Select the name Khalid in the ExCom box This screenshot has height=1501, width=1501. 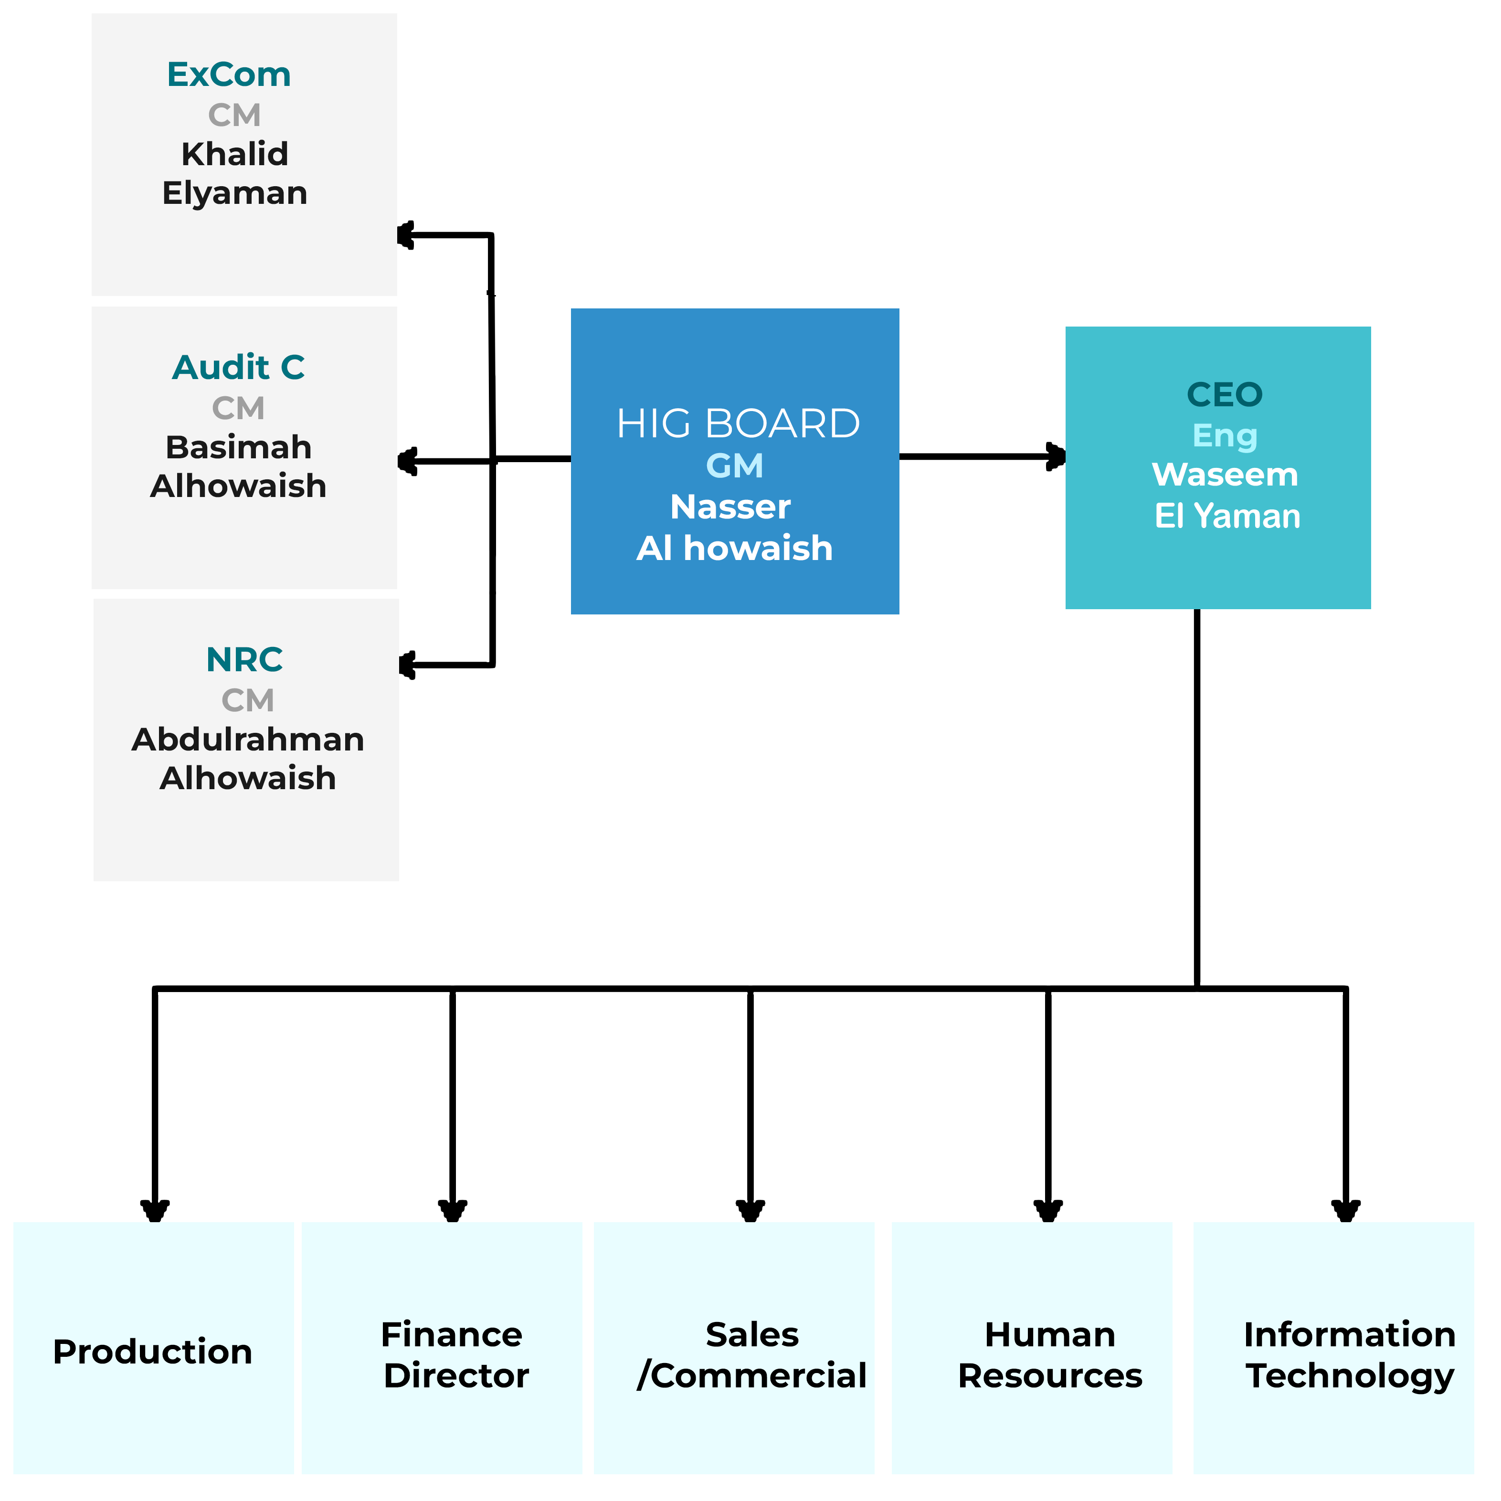click(x=234, y=154)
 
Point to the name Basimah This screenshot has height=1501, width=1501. click(x=239, y=447)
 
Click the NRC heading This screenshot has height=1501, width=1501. click(x=245, y=660)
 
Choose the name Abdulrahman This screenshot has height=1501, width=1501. click(x=248, y=740)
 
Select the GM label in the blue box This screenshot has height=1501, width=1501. click(x=734, y=466)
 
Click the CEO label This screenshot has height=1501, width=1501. click(x=1225, y=395)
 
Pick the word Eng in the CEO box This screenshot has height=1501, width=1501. click(x=1225, y=436)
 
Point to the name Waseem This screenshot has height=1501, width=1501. click(x=1225, y=475)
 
